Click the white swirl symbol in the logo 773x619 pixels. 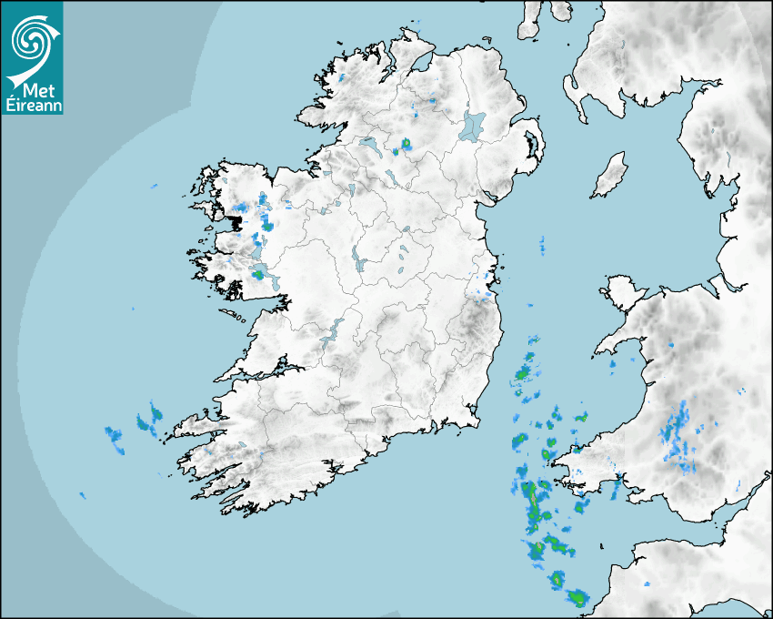31,39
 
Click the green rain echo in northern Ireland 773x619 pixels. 406,143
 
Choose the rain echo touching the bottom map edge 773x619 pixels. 576,598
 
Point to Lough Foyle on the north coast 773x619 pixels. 421,63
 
